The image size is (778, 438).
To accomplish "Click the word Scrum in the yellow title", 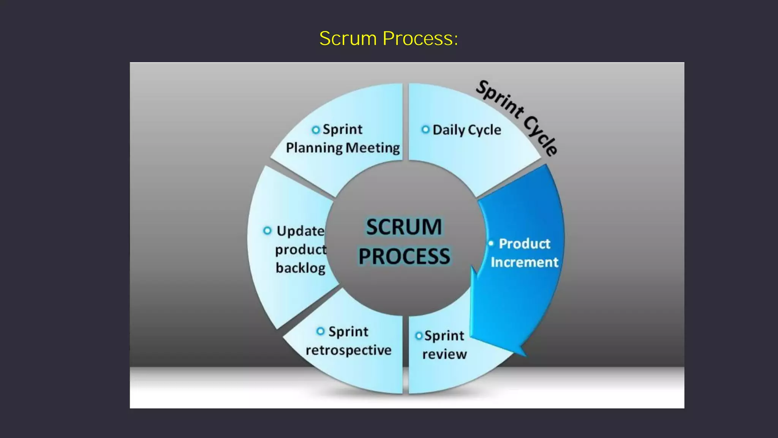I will [348, 38].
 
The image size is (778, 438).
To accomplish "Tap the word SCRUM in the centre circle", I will [404, 227].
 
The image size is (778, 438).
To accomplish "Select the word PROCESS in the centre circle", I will [404, 256].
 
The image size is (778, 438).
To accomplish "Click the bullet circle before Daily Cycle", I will [425, 129].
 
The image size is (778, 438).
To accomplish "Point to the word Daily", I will [449, 130].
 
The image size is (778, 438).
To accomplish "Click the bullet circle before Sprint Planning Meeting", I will [315, 130].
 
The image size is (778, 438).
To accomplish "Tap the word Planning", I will [314, 148].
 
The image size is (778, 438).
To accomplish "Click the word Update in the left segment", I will [300, 231].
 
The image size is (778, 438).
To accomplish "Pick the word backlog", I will [300, 268].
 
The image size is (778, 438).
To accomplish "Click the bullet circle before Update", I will [267, 230].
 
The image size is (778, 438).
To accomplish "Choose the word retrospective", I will [348, 350].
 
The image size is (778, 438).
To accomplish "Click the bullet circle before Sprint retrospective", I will [320, 331].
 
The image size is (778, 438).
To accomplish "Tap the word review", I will [444, 354].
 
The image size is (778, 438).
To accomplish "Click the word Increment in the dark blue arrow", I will [524, 262].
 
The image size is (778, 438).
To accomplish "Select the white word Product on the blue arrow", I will [524, 244].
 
